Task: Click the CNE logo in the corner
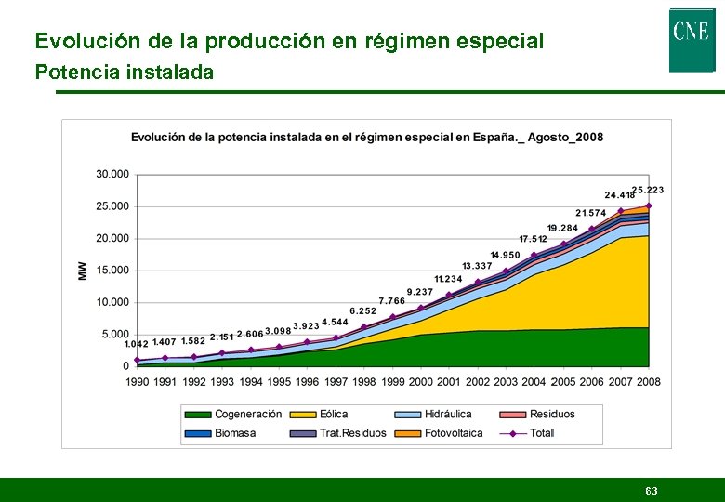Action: tap(692, 39)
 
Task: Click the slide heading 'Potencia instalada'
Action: tap(124, 72)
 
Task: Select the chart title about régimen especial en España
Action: tap(366, 138)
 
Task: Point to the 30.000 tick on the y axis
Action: tap(112, 175)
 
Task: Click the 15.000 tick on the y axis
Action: tap(112, 271)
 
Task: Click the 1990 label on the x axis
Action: tap(137, 381)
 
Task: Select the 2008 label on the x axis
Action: tap(649, 381)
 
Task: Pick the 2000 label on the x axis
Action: tap(421, 381)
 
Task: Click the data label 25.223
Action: tap(648, 190)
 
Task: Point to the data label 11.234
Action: tap(448, 279)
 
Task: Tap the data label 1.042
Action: tap(136, 344)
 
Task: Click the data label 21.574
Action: tap(590, 213)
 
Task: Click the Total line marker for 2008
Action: tap(649, 205)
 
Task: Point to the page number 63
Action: tap(652, 490)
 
